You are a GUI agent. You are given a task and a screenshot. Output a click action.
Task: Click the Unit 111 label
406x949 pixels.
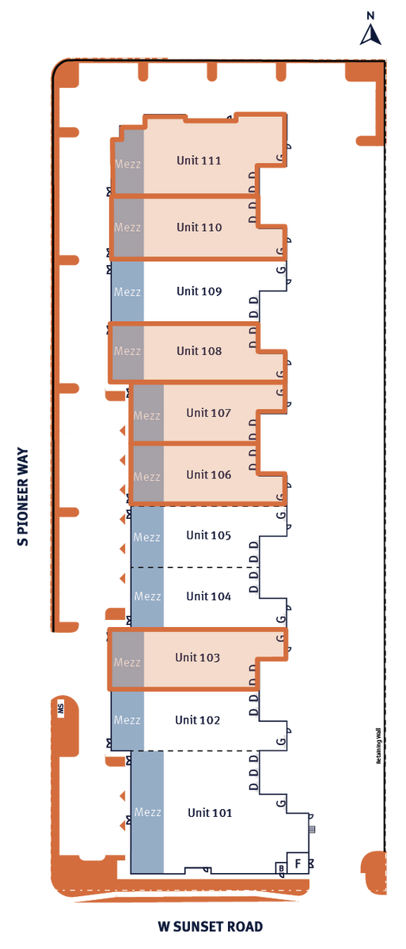coord(199,161)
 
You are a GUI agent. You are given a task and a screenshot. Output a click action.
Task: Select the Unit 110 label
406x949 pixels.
coord(199,227)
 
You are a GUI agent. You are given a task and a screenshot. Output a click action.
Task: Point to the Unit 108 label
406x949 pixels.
coord(199,351)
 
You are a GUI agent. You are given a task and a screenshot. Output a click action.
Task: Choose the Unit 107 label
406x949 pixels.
coord(208,413)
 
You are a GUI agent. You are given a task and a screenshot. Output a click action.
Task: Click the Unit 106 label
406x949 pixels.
coord(208,475)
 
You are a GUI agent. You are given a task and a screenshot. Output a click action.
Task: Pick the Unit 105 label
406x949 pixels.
coord(208,535)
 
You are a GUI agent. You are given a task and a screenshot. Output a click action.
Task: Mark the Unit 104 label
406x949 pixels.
coord(208,596)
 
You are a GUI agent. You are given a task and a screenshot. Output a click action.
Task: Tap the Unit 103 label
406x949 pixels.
coord(197,657)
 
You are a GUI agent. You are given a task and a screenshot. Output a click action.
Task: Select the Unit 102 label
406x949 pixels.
coord(197,720)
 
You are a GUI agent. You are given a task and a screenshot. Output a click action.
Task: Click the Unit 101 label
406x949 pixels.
coord(210,812)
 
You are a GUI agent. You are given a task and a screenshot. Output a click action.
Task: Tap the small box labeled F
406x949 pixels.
coord(298,864)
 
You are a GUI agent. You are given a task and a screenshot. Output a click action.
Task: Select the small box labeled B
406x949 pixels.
coord(281,868)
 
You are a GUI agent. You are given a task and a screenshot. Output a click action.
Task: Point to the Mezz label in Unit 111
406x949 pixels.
coord(127,164)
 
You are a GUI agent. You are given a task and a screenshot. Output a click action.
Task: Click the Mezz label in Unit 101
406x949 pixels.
coord(147,812)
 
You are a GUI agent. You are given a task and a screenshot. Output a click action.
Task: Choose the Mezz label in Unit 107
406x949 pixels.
coord(147,415)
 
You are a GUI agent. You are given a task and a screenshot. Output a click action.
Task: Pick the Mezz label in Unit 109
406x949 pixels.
coord(127,292)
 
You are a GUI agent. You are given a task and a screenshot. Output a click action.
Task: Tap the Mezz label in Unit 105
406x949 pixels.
coord(147,537)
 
